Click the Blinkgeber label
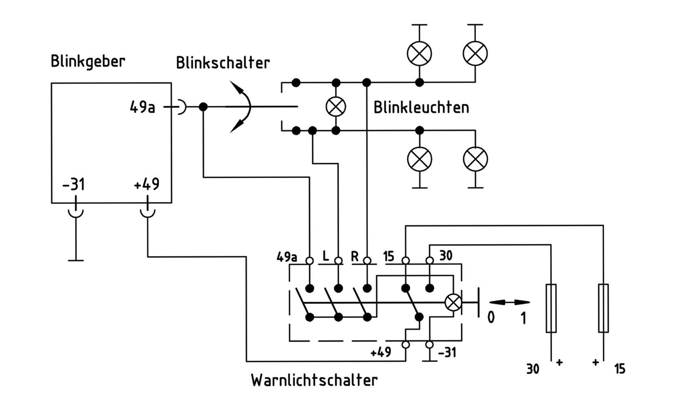click(x=88, y=61)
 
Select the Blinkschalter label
click(x=223, y=63)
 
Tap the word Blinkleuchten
click(x=421, y=107)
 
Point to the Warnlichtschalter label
click(x=314, y=380)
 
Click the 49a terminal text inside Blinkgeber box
click(x=142, y=107)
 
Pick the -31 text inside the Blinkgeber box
click(x=74, y=185)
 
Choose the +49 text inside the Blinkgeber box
click(x=147, y=185)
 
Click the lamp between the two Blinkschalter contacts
click(x=336, y=107)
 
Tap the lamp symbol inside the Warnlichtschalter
click(x=453, y=302)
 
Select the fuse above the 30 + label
click(x=551, y=308)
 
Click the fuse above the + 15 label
click(x=603, y=308)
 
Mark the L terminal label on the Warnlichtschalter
click(x=326, y=256)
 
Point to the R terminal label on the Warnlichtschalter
click(x=355, y=256)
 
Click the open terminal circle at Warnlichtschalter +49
click(x=406, y=345)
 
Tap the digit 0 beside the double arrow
click(x=491, y=318)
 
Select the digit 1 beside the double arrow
click(x=523, y=318)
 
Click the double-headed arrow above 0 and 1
click(x=509, y=302)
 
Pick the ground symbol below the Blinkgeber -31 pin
click(x=76, y=260)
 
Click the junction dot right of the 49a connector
click(x=203, y=107)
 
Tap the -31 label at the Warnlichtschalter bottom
click(x=447, y=353)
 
